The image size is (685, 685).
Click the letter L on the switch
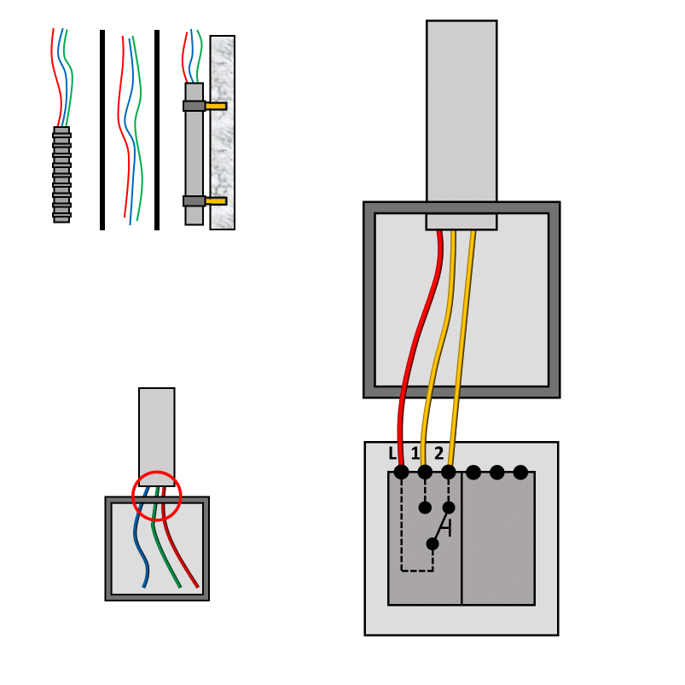coord(392,454)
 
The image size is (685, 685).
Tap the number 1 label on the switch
coord(415,454)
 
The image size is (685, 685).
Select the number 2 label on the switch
coord(438,454)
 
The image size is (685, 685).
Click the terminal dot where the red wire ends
coord(401,473)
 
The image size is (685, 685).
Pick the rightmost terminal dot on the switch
coord(520,473)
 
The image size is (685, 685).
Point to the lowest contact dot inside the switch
coord(432,544)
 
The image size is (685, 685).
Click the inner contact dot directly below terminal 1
coord(425,508)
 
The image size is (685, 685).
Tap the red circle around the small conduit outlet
coord(156,472)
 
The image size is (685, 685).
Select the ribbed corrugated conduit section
coord(61,175)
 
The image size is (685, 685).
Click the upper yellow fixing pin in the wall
coord(216,106)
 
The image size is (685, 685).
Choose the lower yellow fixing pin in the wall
coord(216,201)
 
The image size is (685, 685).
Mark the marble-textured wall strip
coord(223,132)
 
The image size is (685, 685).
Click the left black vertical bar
coord(102,130)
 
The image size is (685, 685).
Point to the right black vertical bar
coord(157,130)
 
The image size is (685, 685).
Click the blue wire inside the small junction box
coord(141,537)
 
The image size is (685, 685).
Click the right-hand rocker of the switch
coord(498,538)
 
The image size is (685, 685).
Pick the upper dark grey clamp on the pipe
coord(194,106)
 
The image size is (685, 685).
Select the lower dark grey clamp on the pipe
coord(194,201)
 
